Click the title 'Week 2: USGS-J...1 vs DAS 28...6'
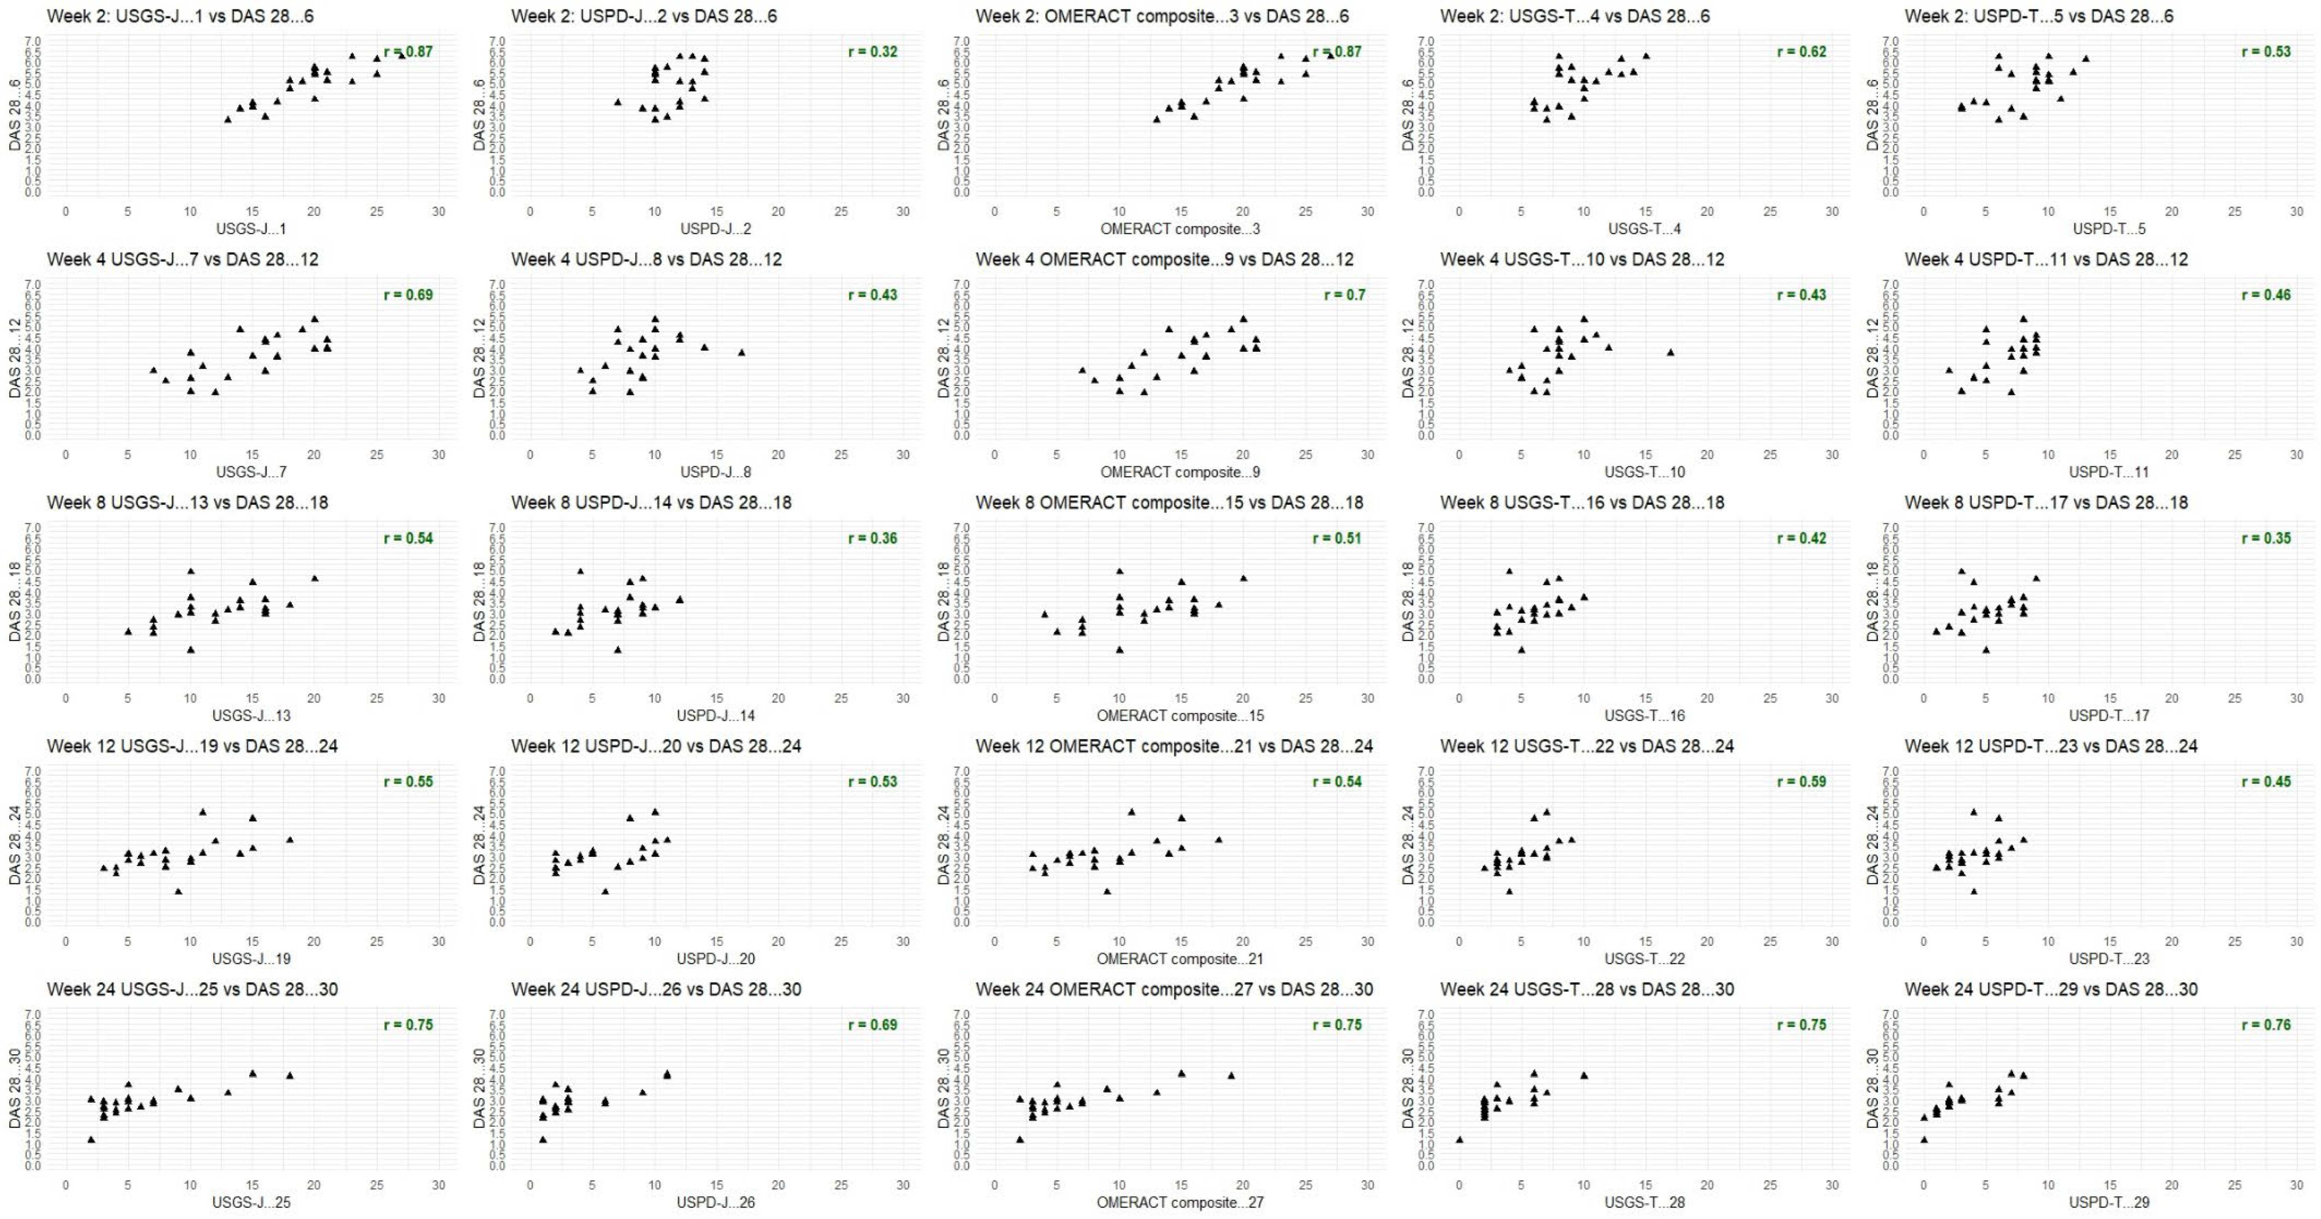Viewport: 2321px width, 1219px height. (x=180, y=16)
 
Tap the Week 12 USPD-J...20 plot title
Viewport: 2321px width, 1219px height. (x=656, y=746)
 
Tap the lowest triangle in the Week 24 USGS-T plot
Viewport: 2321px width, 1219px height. (x=1460, y=1140)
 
